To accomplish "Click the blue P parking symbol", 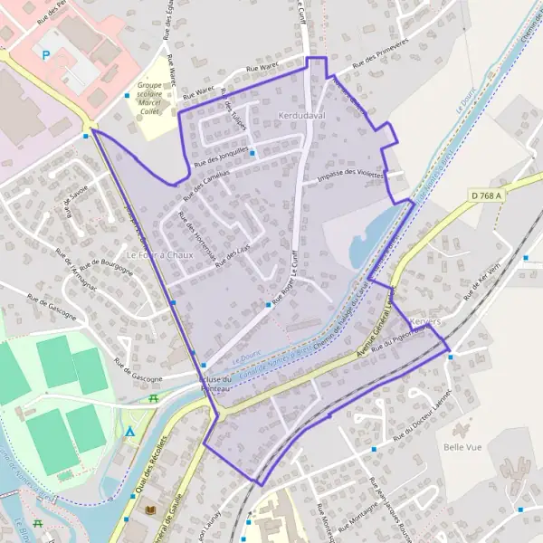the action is coord(45,55).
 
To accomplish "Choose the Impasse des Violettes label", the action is coord(350,177).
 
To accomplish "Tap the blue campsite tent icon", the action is coord(130,433).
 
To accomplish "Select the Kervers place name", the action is coord(424,322).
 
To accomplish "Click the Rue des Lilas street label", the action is coord(233,252).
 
